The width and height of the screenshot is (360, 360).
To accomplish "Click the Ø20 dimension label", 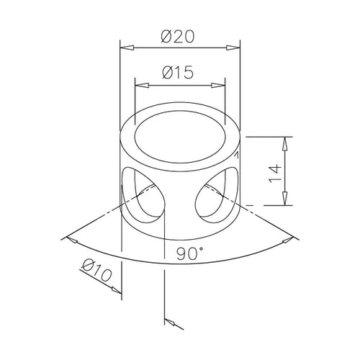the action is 177,37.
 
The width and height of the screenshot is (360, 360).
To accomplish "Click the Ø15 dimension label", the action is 178,72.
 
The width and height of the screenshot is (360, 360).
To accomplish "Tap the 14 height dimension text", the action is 275,174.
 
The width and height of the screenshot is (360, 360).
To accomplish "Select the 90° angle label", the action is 189,253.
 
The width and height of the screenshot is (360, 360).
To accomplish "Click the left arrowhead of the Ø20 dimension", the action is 127,48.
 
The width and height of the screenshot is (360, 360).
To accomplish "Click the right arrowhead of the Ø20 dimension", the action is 233,48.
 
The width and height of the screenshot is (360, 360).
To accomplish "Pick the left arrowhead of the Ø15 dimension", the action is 142,85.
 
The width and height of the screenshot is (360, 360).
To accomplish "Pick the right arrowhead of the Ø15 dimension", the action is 218,85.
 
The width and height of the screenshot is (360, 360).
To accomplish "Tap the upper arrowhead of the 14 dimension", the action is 284,143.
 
